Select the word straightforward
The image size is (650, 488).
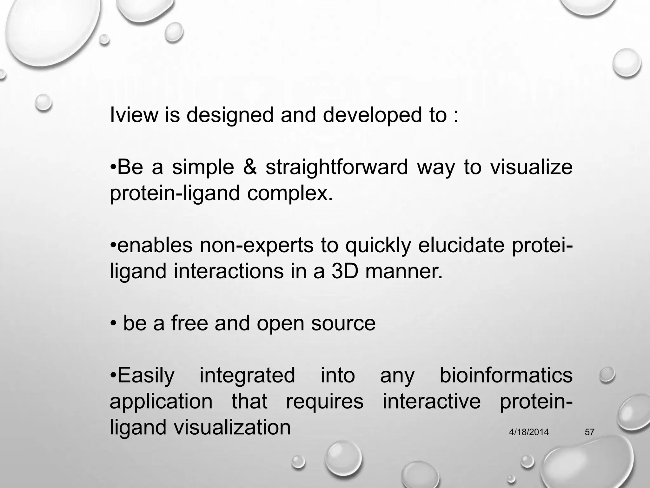tap(336, 167)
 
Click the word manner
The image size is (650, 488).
tap(404, 271)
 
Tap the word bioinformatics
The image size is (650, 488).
tap(506, 375)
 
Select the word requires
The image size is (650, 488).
tap(324, 402)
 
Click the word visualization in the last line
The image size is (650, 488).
tap(232, 427)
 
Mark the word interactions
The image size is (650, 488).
tap(229, 271)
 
